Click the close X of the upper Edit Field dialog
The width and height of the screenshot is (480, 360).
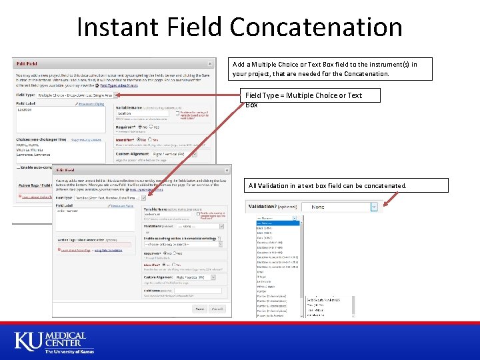coord(209,64)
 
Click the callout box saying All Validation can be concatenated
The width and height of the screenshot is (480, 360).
coord(336,185)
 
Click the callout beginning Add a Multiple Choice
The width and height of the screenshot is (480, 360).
coord(331,69)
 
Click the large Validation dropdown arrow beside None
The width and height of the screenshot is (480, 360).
coord(373,207)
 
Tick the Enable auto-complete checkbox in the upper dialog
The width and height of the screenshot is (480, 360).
coord(17,167)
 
